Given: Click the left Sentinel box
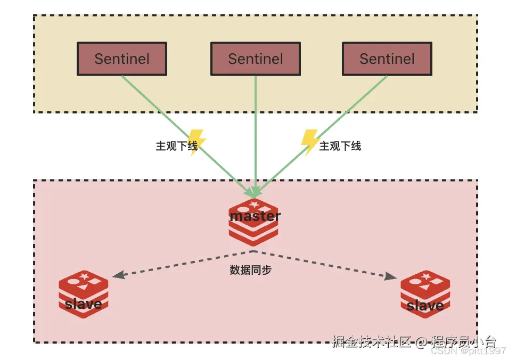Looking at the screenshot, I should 122,59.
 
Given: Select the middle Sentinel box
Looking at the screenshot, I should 256,59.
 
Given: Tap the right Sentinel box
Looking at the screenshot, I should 387,59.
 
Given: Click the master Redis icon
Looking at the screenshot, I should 254,222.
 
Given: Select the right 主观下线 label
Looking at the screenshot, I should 340,146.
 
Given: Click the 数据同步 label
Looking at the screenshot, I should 251,270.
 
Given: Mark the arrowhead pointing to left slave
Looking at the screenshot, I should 118,275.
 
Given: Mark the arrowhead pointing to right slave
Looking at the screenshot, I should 391,276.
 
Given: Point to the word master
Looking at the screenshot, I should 255,216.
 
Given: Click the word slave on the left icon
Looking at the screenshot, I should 83,304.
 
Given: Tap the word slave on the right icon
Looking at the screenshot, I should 425,306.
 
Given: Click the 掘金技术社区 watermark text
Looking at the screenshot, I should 371,341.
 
